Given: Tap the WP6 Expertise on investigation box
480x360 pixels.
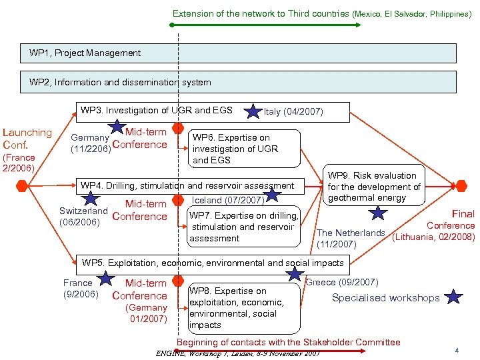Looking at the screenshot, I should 244,148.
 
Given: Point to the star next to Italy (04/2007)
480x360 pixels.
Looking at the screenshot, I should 253,111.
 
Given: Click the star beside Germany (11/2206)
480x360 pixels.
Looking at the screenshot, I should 117,126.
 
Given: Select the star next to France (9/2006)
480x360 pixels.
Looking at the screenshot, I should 105,279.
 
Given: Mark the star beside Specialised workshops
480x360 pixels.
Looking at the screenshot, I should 453,297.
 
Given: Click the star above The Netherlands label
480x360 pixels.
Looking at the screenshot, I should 378,213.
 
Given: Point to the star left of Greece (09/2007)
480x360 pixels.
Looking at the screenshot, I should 294,274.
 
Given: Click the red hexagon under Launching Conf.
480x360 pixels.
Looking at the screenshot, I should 22,185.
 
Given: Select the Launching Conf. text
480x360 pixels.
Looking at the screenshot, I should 27,139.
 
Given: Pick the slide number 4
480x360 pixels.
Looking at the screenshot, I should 456,350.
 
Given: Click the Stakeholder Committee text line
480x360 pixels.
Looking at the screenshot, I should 288,342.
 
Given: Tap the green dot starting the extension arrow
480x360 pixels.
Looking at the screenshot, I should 172,25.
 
